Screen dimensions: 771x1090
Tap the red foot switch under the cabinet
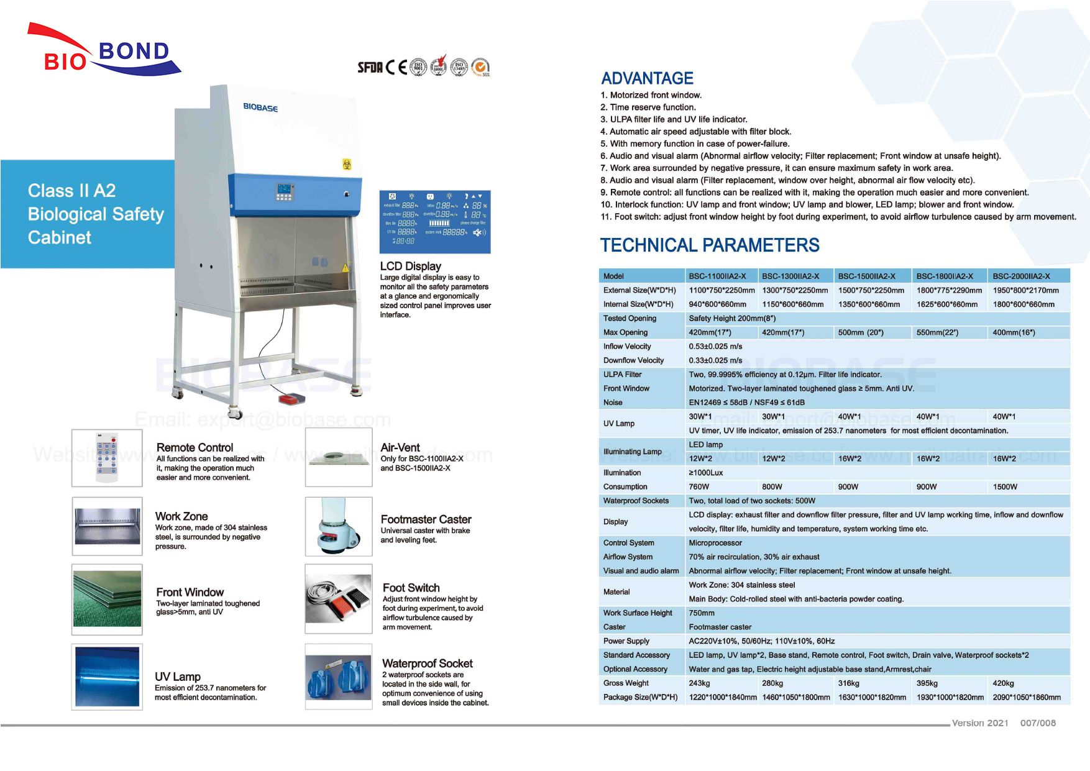pyautogui.click(x=290, y=397)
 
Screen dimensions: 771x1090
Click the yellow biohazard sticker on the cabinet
pyautogui.click(x=347, y=164)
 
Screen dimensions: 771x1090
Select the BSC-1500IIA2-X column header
pyautogui.click(x=866, y=276)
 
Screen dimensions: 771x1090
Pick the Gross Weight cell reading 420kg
pyautogui.click(x=1003, y=683)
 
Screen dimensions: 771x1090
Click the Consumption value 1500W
pyautogui.click(x=1005, y=487)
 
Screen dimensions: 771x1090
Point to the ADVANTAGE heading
pyautogui.click(x=647, y=78)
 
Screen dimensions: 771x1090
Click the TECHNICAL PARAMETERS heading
pyautogui.click(x=709, y=245)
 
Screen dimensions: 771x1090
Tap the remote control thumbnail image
pyautogui.click(x=107, y=458)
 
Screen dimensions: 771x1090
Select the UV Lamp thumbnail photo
pyautogui.click(x=107, y=676)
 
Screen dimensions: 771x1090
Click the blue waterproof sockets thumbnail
pyautogui.click(x=338, y=676)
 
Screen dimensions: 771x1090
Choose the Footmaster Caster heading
pyautogui.click(x=426, y=519)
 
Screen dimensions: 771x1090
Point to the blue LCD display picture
pyautogui.click(x=435, y=222)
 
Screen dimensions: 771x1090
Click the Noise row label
pyautogui.click(x=613, y=403)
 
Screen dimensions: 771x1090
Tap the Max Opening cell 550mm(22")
pyautogui.click(x=937, y=332)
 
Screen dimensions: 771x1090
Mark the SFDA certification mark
pyautogui.click(x=370, y=68)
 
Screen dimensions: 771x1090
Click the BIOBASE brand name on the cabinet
pyautogui.click(x=260, y=107)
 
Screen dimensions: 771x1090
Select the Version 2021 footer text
pyautogui.click(x=980, y=723)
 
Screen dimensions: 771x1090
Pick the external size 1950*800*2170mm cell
pyautogui.click(x=1025, y=290)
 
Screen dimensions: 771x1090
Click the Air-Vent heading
pyautogui.click(x=400, y=447)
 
